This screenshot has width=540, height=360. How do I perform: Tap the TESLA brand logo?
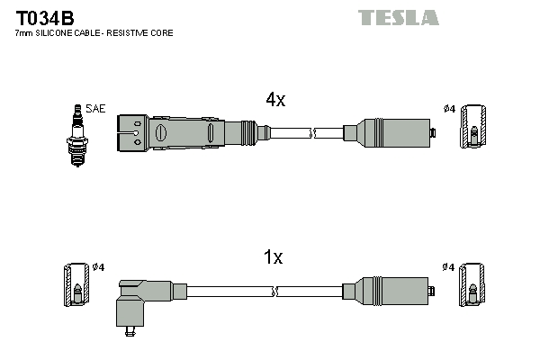(x=398, y=17)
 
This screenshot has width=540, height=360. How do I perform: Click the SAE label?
(x=96, y=109)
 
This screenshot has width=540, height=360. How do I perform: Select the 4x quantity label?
(x=274, y=101)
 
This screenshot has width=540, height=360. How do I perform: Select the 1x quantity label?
(x=273, y=258)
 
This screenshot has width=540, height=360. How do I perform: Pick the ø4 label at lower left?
(x=99, y=267)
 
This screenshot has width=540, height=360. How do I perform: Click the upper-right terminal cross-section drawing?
(x=473, y=127)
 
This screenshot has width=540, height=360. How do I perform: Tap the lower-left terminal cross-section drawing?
(x=76, y=285)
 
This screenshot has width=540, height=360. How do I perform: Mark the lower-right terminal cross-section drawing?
(x=473, y=285)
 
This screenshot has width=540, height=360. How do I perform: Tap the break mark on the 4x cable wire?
(x=311, y=134)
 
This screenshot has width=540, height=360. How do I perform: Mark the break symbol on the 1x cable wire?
(x=274, y=291)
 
